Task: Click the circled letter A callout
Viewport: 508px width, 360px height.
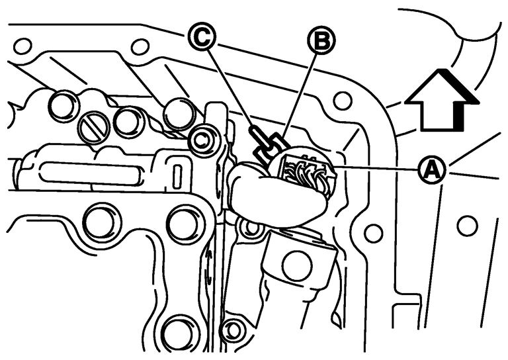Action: pos(432,169)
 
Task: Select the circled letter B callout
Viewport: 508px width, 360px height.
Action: pos(321,41)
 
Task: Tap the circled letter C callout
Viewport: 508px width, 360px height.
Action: pos(201,37)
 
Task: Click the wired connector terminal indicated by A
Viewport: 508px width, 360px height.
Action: pos(304,170)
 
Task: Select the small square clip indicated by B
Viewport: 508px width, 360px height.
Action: pos(269,146)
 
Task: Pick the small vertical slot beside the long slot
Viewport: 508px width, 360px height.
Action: pos(177,177)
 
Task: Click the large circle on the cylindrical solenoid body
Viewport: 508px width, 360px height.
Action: pos(297,266)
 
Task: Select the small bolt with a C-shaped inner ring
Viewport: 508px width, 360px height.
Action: pos(203,140)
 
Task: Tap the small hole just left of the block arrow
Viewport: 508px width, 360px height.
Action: pos(342,100)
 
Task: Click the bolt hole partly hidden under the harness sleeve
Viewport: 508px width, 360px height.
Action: pos(251,227)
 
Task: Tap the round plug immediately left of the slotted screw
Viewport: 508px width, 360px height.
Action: pos(63,106)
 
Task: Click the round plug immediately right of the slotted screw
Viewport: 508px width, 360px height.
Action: pos(127,121)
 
